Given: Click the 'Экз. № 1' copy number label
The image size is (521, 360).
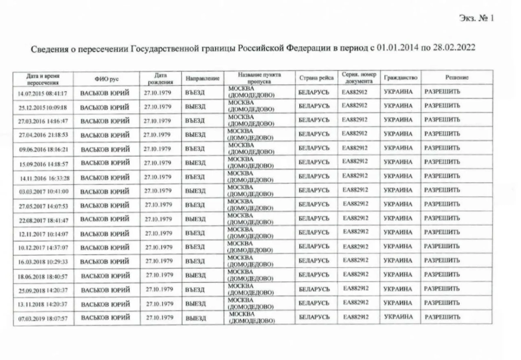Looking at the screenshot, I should tap(476, 18).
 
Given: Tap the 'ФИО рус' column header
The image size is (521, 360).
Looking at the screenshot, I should tap(106, 79).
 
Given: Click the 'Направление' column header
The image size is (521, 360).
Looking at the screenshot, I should tap(203, 79).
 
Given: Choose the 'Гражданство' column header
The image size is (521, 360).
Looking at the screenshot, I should tap(400, 78).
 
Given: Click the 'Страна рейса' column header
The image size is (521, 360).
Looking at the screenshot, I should tap(317, 78).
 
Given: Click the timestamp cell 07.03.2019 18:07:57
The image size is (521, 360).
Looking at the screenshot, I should tap(43, 318).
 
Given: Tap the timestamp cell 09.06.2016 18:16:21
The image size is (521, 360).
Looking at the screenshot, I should tap(43, 149).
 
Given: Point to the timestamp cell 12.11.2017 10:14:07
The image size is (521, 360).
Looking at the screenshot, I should tap(43, 234).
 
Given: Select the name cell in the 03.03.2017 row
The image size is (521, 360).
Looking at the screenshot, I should tap(106, 192).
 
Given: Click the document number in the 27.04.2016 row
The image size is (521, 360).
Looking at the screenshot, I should tap(355, 134).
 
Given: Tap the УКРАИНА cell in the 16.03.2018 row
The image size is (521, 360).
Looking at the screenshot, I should tap(399, 260).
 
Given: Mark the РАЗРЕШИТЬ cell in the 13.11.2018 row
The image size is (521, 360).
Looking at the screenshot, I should tap(442, 303).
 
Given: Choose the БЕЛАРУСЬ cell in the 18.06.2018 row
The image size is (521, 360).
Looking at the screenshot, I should tap(314, 274).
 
